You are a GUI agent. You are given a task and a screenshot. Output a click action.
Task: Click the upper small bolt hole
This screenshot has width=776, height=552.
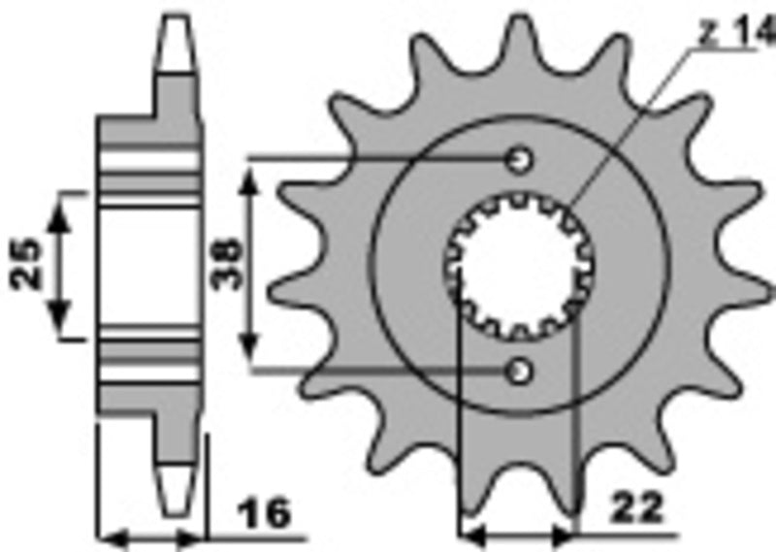[x=522, y=158]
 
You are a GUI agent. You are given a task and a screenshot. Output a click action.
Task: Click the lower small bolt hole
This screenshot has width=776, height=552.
[x=522, y=370]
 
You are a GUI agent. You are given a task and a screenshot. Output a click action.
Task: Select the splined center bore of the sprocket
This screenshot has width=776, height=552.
[x=521, y=264]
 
